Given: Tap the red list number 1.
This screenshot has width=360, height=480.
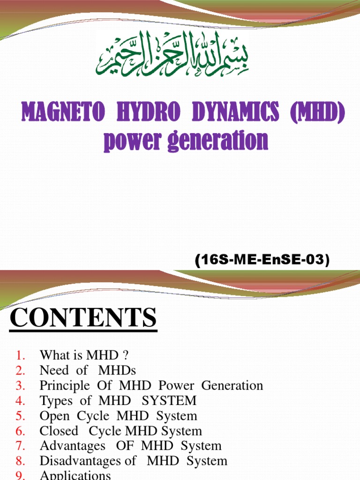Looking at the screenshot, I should (20, 356).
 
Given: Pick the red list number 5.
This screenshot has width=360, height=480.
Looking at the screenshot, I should (20, 416).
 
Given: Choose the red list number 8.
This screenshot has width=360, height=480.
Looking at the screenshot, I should (20, 461).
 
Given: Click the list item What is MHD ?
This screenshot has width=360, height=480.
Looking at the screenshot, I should (84, 356).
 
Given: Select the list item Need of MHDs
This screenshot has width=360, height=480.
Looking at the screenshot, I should (88, 371).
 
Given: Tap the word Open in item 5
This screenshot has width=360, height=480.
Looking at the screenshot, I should (54, 416).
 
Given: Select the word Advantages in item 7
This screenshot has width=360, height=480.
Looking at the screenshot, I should (72, 446).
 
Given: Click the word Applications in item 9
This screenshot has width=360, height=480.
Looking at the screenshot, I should (75, 475).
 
